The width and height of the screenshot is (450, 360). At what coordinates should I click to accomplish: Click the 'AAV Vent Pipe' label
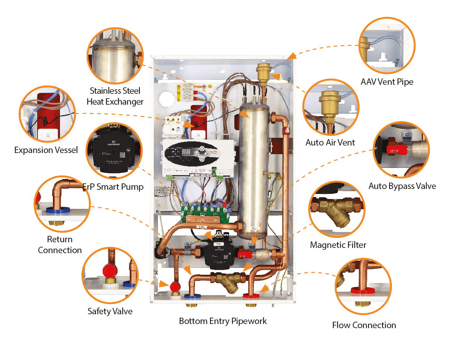387,82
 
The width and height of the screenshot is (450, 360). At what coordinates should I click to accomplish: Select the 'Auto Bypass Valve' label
402,186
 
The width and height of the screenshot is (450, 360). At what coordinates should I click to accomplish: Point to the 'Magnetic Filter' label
338,245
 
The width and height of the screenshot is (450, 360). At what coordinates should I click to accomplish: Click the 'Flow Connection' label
364,325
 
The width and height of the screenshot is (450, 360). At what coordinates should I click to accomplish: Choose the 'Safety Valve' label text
110,311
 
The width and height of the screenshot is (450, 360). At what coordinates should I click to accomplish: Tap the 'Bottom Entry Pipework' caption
223,321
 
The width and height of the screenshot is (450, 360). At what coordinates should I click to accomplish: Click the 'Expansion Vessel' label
46,150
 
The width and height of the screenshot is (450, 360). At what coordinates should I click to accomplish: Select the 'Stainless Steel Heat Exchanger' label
115,96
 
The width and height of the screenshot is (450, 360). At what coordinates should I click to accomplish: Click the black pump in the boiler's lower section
216,252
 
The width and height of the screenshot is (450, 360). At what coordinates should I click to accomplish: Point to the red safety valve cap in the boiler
175,287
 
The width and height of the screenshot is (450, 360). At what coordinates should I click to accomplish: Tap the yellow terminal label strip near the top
179,93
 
